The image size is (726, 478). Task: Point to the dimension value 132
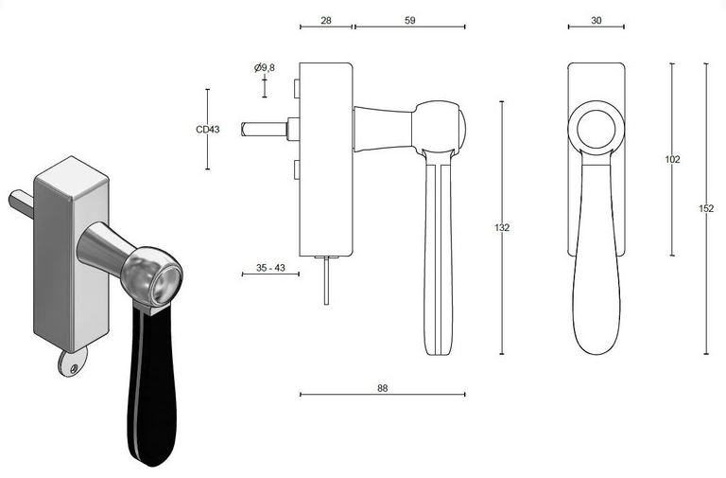point(502,227)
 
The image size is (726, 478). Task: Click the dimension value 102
point(672,159)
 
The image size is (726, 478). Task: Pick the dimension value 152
point(706,208)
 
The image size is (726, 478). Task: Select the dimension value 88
point(382,387)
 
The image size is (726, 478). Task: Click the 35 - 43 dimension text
point(270,268)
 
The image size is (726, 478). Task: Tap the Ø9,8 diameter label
point(265,68)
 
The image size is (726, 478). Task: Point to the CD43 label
point(207,130)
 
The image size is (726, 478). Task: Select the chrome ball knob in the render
point(151,277)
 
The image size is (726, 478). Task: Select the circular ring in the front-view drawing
point(596,126)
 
